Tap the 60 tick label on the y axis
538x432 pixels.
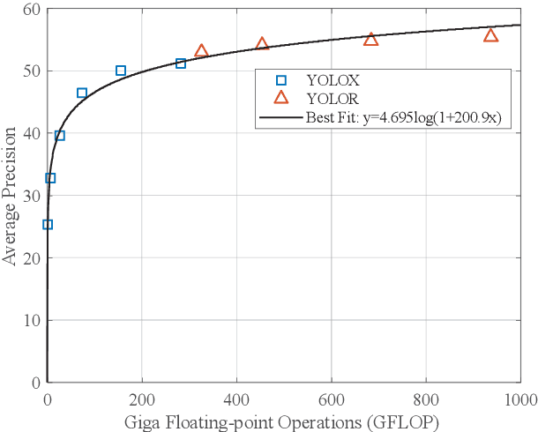click(x=32, y=9)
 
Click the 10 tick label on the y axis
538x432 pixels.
click(x=32, y=320)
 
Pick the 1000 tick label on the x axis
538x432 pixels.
click(x=519, y=398)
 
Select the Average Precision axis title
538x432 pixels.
click(x=11, y=196)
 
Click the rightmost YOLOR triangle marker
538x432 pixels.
click(x=490, y=35)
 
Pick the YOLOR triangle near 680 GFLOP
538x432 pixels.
click(x=370, y=40)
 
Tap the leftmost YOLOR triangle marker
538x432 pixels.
click(x=201, y=51)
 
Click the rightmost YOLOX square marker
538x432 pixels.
click(x=181, y=63)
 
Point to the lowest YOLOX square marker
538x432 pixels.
click(x=48, y=225)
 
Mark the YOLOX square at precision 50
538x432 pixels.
click(x=121, y=71)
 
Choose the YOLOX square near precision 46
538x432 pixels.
click(x=82, y=93)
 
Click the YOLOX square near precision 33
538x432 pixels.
click(x=50, y=178)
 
